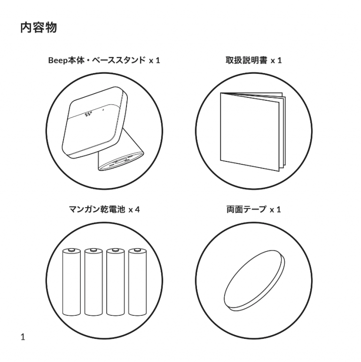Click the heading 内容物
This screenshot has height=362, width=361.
[x=39, y=27]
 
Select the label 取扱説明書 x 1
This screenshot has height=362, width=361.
[x=253, y=60]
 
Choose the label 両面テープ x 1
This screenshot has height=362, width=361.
[x=253, y=209]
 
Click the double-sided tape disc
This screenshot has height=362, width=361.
[x=254, y=281]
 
